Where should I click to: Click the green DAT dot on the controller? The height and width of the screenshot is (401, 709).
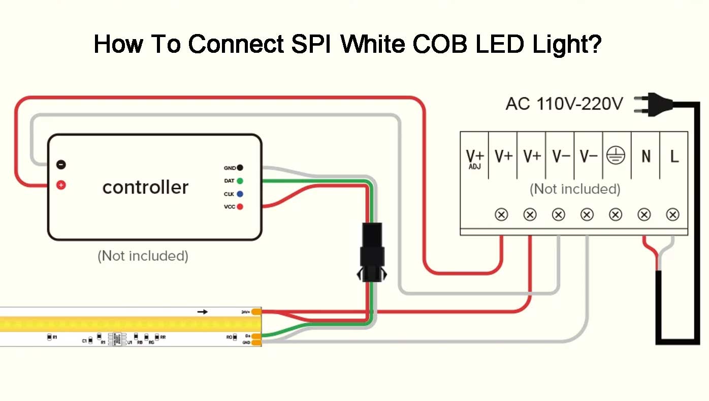tap(240, 181)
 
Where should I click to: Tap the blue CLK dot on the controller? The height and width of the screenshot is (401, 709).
tap(240, 194)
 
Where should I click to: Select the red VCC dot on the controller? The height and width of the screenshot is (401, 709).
tap(240, 207)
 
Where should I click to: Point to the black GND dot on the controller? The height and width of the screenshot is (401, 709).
tap(240, 168)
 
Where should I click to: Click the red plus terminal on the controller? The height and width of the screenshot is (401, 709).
tap(61, 185)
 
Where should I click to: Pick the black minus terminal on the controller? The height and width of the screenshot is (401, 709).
tap(61, 164)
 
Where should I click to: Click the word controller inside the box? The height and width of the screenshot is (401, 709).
tap(145, 187)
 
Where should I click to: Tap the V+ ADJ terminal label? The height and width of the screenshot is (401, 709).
tap(474, 158)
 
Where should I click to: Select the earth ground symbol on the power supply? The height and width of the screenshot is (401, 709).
tap(616, 156)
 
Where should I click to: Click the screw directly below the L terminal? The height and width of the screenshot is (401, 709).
tap(673, 215)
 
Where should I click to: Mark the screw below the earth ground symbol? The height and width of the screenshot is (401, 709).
tap(616, 215)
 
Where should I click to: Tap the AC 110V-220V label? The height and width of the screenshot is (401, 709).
tap(564, 104)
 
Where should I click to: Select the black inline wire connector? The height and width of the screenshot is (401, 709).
tap(372, 251)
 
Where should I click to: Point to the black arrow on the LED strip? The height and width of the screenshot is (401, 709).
tap(203, 311)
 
